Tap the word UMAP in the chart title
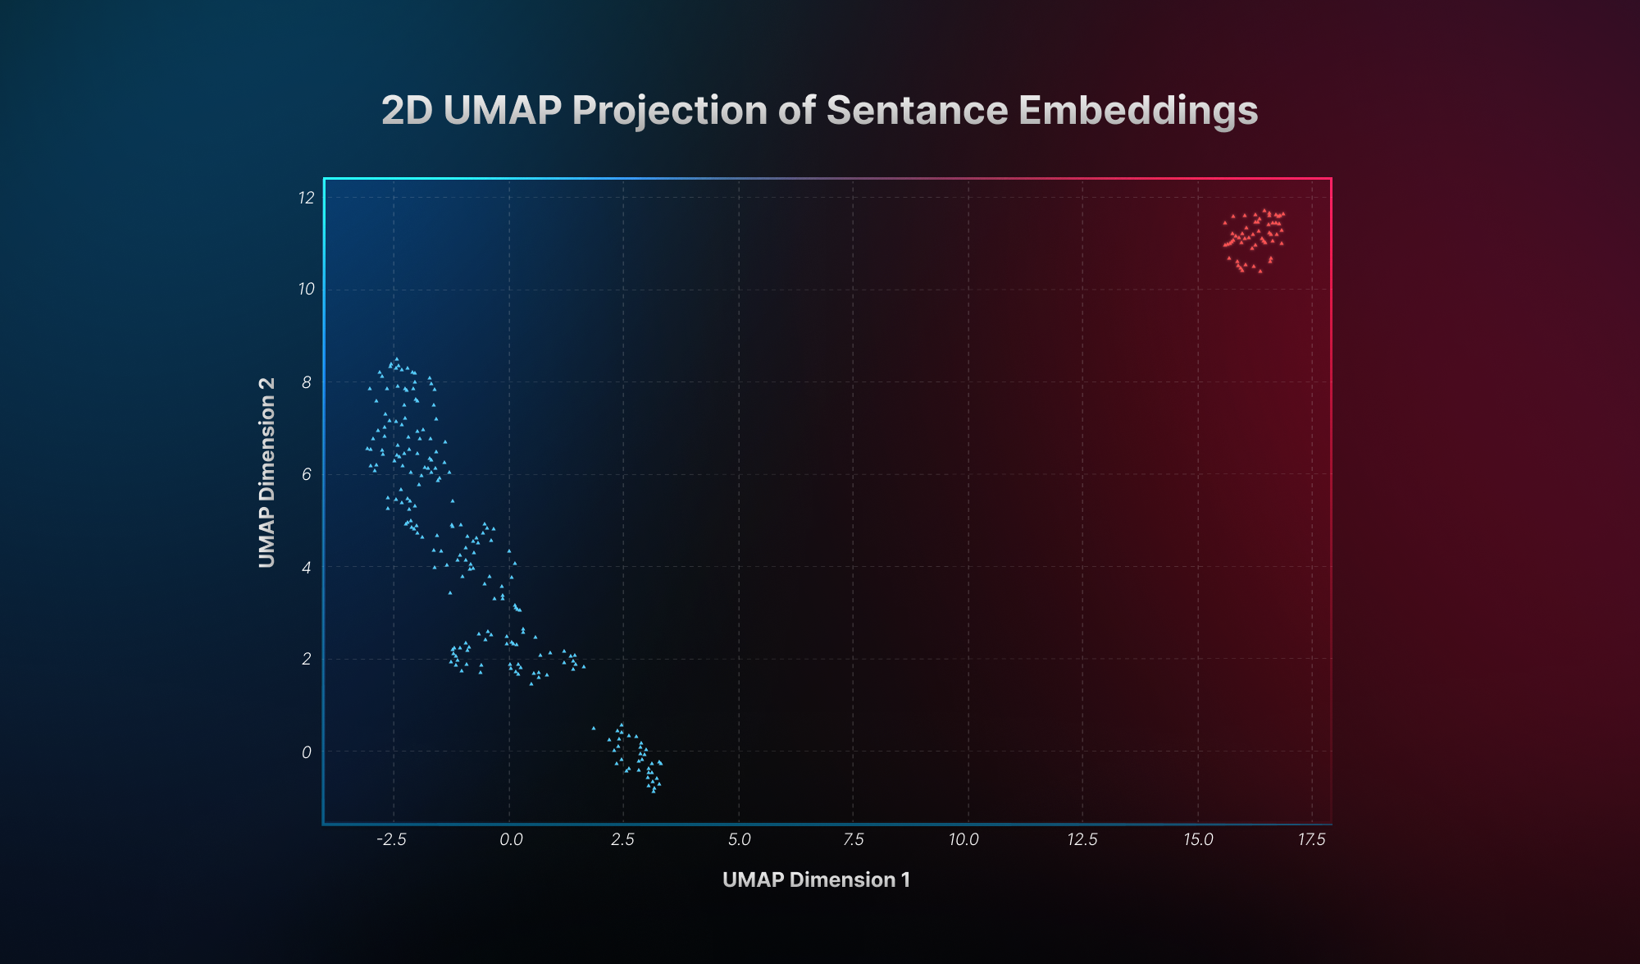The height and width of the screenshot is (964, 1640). click(x=502, y=110)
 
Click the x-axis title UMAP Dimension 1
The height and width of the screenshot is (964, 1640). click(x=816, y=879)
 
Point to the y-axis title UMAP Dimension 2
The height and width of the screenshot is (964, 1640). click(x=266, y=473)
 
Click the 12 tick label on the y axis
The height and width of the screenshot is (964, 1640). click(x=307, y=198)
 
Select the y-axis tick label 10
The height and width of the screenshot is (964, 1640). click(x=307, y=290)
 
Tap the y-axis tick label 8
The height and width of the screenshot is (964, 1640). click(x=307, y=382)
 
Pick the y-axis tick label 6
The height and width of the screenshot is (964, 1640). click(x=307, y=474)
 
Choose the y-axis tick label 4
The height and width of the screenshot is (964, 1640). click(x=307, y=567)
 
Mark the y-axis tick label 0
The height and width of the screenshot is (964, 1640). click(x=307, y=752)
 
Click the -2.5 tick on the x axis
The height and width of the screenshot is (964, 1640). click(x=391, y=839)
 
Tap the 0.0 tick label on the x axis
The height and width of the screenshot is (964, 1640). click(x=511, y=839)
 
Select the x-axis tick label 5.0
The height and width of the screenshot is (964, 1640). click(x=739, y=839)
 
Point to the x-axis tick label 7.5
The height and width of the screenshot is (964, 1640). click(x=854, y=839)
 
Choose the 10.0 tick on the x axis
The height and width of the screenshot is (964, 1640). click(x=963, y=839)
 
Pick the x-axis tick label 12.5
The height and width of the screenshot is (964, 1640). click(x=1082, y=839)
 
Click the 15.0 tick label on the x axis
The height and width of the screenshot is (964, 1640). click(x=1198, y=839)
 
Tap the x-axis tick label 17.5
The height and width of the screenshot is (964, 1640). click(x=1311, y=839)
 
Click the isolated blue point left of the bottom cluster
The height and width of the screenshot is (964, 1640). click(x=594, y=728)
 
